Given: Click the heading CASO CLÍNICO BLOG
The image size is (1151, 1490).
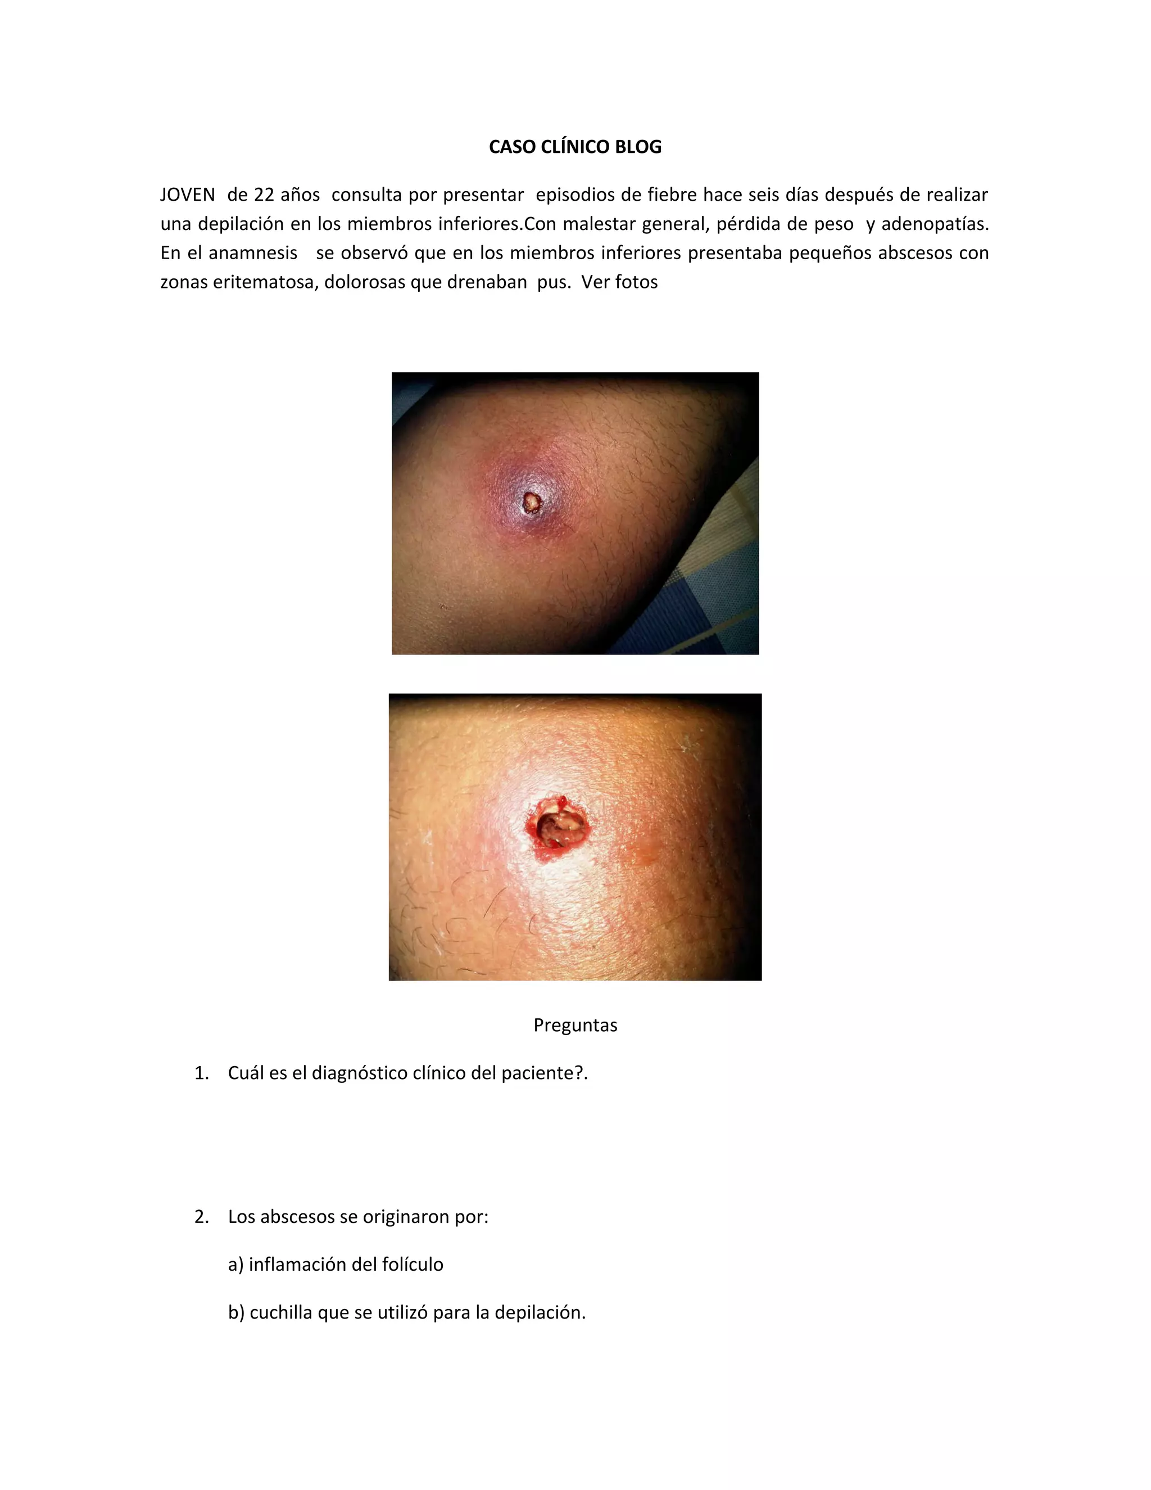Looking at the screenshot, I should click(575, 147).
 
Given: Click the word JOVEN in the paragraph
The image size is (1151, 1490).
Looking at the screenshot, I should click(188, 195).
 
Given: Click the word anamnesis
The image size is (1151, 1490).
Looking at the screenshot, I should click(253, 253).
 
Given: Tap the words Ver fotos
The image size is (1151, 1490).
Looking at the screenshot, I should click(619, 282).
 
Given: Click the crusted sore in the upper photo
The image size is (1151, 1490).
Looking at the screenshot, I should click(532, 503).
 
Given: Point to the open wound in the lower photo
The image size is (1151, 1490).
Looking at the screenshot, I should click(557, 828).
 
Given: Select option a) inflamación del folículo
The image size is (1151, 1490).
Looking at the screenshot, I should click(336, 1264).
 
